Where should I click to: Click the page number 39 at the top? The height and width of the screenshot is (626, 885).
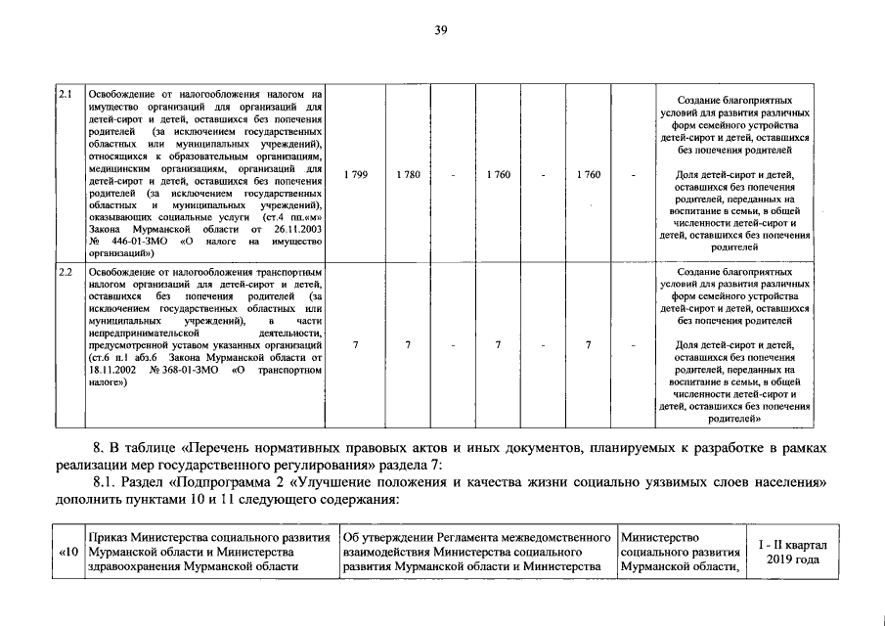coord(441,31)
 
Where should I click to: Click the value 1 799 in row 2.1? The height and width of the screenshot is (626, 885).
coord(356,174)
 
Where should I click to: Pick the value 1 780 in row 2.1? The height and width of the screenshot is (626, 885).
coord(408,174)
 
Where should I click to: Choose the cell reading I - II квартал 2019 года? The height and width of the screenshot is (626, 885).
coord(793,553)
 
